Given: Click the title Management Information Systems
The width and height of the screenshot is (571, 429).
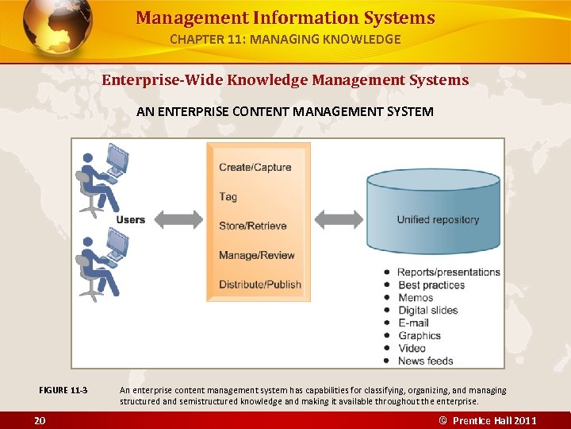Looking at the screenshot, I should [x=285, y=17].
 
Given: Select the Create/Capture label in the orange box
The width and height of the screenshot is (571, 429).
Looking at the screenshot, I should [x=255, y=168].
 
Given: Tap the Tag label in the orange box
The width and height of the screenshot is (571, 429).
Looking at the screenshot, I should [x=228, y=197].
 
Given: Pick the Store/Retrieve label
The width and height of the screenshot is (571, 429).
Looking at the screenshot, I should [x=253, y=226].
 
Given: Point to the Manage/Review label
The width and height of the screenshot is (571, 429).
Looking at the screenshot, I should [x=256, y=255].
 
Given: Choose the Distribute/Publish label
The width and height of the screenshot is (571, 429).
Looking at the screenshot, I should [x=260, y=284].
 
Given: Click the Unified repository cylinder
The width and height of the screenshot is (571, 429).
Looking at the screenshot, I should [x=433, y=211].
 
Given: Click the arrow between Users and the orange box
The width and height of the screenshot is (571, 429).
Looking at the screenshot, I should [x=178, y=218].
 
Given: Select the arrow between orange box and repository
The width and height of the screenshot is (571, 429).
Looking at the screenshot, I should [x=339, y=218].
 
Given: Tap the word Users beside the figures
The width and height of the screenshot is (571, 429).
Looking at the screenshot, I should [x=130, y=219].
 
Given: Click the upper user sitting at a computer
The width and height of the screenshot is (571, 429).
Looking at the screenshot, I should [x=102, y=179].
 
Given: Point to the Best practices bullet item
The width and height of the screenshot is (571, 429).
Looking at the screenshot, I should [x=431, y=285].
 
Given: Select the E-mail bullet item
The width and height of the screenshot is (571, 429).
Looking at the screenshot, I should [x=413, y=323].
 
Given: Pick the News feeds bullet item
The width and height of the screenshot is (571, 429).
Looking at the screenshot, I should [x=425, y=361].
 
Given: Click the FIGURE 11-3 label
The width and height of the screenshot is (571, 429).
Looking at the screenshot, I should [x=63, y=390].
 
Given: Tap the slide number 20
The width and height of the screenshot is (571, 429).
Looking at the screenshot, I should [x=39, y=420].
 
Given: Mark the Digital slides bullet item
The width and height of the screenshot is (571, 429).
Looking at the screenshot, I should [x=427, y=310].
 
